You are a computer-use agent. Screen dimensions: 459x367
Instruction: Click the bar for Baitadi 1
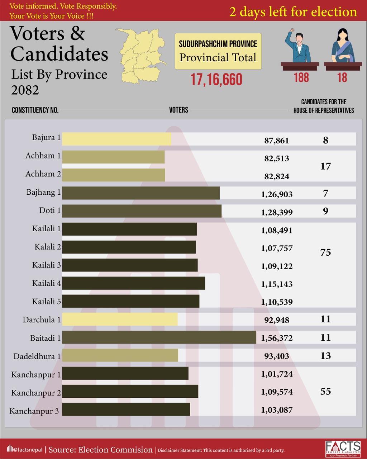tap(159, 337)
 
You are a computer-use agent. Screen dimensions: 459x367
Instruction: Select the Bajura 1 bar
tap(116, 139)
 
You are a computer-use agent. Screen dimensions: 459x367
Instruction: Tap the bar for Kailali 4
tap(133, 283)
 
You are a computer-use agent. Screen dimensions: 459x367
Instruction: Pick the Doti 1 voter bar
tap(142, 211)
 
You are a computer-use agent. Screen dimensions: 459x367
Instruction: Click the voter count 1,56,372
tap(277, 338)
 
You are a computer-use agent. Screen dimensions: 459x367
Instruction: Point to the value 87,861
tap(276, 141)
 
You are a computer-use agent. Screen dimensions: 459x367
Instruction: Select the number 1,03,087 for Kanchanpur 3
tap(277, 410)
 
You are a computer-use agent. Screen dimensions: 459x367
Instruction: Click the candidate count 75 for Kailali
tap(325, 252)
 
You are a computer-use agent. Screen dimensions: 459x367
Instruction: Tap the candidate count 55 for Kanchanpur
tap(325, 391)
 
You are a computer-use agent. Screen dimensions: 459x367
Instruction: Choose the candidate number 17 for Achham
tap(325, 166)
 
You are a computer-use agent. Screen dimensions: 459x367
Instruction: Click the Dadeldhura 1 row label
tap(37, 356)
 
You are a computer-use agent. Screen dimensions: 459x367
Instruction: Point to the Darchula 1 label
tap(42, 320)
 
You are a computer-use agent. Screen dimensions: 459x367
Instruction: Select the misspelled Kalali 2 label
tap(48, 247)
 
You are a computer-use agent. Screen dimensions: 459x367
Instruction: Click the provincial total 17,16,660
tap(216, 80)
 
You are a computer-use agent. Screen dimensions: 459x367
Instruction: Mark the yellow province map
tap(142, 56)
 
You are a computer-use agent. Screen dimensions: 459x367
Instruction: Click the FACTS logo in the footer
tap(343, 449)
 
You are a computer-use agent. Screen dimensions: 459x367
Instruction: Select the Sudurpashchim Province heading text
tap(218, 44)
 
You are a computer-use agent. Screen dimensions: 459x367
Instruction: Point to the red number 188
tap(301, 77)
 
